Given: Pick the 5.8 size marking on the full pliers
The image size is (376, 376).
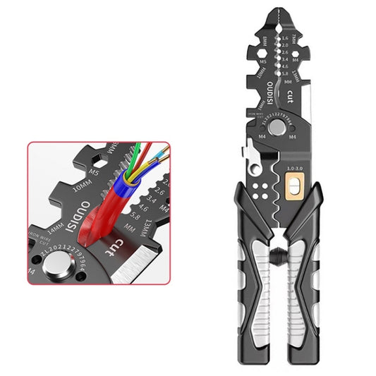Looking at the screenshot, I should tap(284, 73).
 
